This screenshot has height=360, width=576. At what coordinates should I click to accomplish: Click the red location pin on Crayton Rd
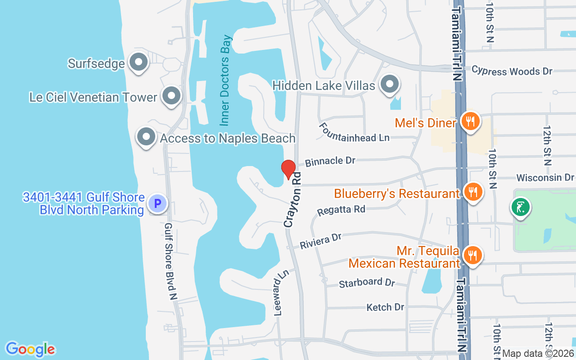click(288, 170)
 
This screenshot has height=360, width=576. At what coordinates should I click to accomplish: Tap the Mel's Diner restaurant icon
click(470, 121)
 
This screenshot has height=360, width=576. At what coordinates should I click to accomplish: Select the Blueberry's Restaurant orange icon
click(472, 192)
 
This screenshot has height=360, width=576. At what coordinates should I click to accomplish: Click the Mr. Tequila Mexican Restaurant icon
click(472, 256)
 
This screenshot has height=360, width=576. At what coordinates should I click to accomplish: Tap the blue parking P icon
click(157, 204)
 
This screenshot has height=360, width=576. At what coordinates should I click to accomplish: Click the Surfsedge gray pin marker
click(139, 63)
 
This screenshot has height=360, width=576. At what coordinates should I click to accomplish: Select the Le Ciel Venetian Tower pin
click(171, 96)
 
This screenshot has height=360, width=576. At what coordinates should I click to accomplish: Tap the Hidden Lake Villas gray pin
click(389, 84)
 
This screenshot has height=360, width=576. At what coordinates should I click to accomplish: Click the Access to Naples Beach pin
click(146, 137)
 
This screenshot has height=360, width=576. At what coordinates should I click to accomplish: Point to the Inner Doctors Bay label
click(226, 80)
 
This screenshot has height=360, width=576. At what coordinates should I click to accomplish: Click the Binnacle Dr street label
click(330, 161)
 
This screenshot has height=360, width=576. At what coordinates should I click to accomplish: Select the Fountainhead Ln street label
click(354, 133)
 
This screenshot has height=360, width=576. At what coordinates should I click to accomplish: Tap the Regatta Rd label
click(341, 210)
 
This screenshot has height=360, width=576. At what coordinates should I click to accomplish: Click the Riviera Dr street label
click(321, 241)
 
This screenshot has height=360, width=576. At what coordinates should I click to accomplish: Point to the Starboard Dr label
click(367, 283)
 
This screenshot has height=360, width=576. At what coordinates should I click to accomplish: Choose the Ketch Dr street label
click(385, 307)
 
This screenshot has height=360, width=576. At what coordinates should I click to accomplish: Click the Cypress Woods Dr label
click(512, 71)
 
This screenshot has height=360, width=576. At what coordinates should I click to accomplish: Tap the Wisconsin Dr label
click(545, 178)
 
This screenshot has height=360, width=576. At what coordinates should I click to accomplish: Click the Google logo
click(30, 349)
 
